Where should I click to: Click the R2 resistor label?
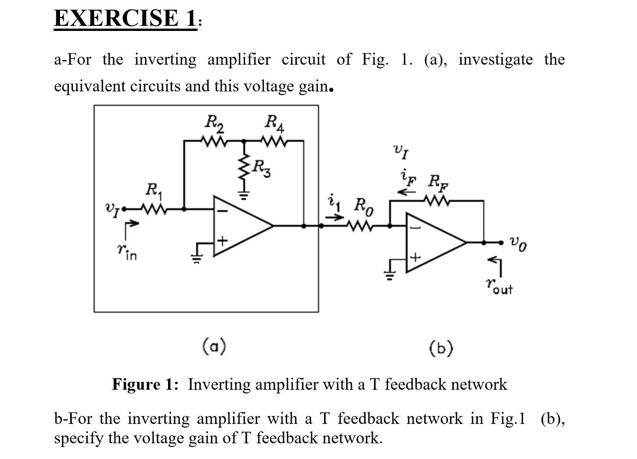coord(214,123)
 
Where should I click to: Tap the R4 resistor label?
coord(275,123)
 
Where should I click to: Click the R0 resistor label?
coord(364,206)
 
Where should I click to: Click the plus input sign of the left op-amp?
coord(222,241)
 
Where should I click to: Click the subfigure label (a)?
coord(214,346)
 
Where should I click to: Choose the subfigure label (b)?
coord(441,348)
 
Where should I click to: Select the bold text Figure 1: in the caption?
coord(145,384)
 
